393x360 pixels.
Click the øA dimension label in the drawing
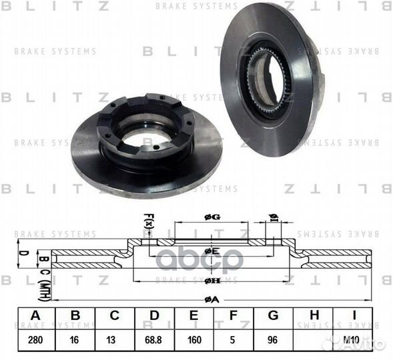pos(212,299)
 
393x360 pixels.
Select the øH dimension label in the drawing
pos(212,280)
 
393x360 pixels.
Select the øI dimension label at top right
pos(273,218)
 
